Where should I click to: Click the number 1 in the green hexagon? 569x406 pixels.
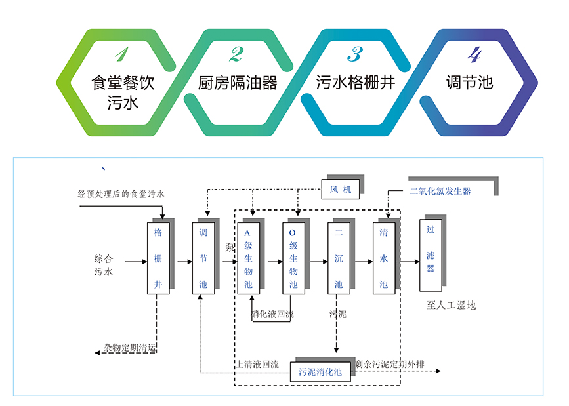click(x=122, y=54)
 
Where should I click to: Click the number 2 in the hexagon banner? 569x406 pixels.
click(x=236, y=54)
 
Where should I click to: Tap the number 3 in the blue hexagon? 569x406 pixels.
click(x=355, y=54)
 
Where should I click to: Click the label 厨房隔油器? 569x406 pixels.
click(x=237, y=83)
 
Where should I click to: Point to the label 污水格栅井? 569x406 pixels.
click(x=355, y=83)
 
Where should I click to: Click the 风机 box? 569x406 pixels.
click(x=341, y=190)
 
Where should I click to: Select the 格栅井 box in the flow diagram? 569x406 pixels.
click(x=158, y=258)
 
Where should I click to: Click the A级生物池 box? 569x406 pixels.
click(x=248, y=258)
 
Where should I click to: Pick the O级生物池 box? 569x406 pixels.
click(x=293, y=258)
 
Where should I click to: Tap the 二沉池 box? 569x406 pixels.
click(x=338, y=258)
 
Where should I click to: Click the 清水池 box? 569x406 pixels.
click(x=384, y=258)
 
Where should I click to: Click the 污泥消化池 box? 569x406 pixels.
click(x=320, y=372)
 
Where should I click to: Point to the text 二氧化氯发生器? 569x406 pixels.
click(x=440, y=192)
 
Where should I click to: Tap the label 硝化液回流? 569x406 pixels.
click(x=273, y=315)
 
